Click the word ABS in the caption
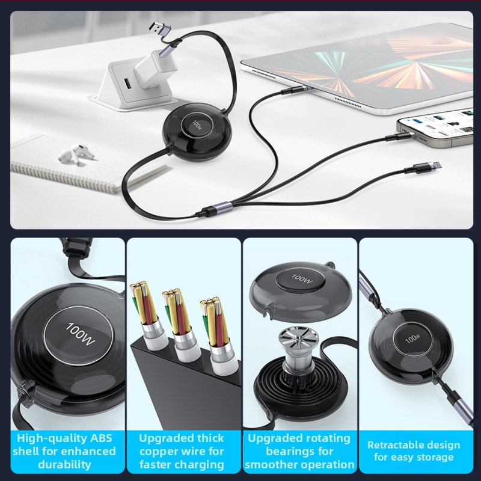[x=98, y=438]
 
